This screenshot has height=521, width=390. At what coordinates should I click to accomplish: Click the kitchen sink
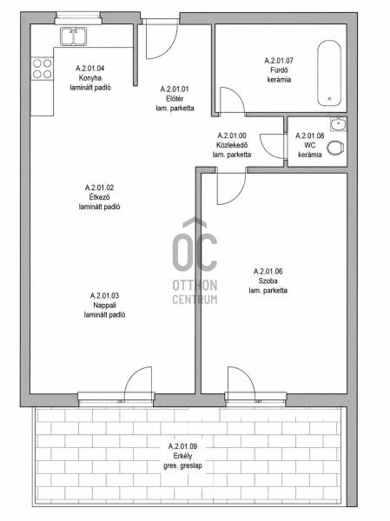pyautogui.click(x=74, y=36)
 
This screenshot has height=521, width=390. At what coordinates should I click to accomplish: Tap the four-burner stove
pyautogui.click(x=43, y=69)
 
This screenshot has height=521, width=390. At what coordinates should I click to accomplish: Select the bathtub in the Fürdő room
pyautogui.click(x=329, y=73)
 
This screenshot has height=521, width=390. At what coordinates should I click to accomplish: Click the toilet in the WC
pyautogui.click(x=335, y=148)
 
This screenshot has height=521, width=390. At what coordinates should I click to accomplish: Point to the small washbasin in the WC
pyautogui.click(x=339, y=124)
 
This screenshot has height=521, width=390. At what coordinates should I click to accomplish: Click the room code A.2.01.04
pyautogui.click(x=90, y=69)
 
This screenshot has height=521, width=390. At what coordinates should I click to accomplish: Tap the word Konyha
pyautogui.click(x=90, y=78)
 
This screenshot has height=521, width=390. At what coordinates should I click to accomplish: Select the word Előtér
pyautogui.click(x=175, y=99)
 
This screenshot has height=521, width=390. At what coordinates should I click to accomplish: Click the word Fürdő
pyautogui.click(x=279, y=70)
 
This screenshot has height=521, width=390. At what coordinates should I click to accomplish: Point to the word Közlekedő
pyautogui.click(x=232, y=145)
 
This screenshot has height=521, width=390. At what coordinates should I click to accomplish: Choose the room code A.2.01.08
pyautogui.click(x=310, y=135)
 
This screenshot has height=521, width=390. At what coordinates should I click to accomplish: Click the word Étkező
pyautogui.click(x=99, y=197)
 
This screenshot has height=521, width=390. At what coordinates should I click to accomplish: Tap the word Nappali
pyautogui.click(x=104, y=306)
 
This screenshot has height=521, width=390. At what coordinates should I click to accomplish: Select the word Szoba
pyautogui.click(x=268, y=280)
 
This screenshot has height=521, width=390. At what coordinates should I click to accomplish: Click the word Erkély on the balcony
pyautogui.click(x=182, y=456)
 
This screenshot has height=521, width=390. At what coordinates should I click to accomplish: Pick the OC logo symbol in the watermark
pyautogui.click(x=195, y=245)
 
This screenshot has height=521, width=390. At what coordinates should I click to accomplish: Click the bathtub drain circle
pyautogui.click(x=329, y=99)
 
